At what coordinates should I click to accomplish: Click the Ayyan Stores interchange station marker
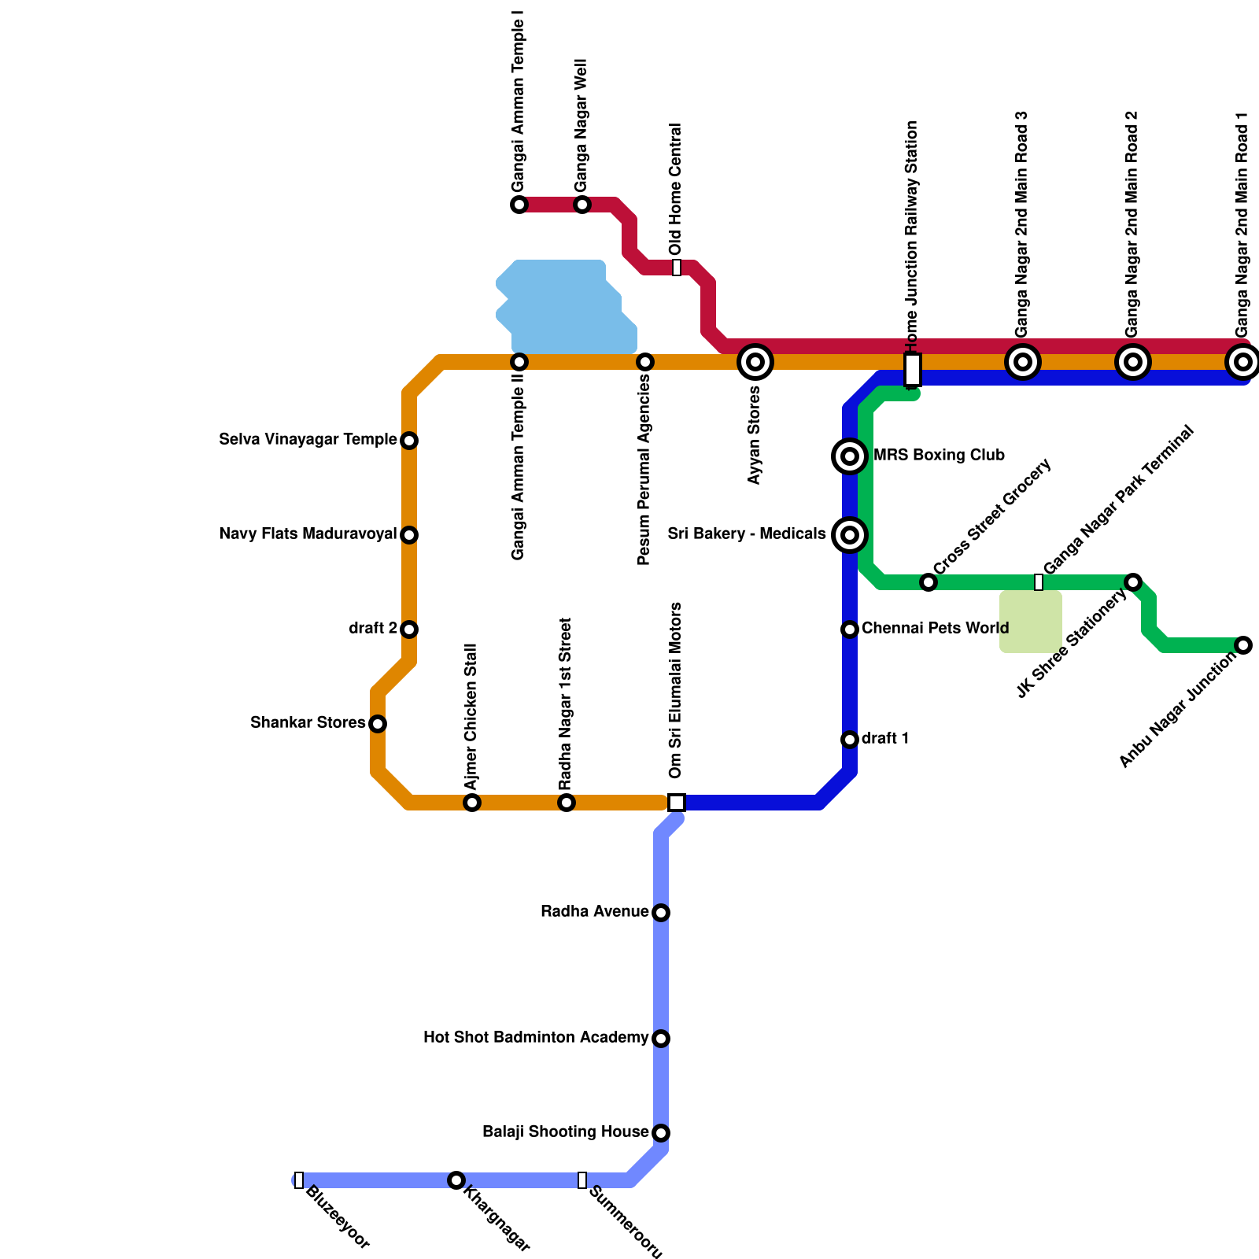click(755, 362)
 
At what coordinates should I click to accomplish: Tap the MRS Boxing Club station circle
click(850, 456)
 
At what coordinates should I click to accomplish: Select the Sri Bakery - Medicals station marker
click(850, 535)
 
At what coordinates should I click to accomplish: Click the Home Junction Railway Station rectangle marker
click(913, 369)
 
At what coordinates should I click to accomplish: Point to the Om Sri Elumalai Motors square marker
click(677, 803)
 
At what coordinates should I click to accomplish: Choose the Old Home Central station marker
click(677, 268)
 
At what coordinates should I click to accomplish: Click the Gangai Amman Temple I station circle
click(519, 205)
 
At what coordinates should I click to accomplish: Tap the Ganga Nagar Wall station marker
click(582, 205)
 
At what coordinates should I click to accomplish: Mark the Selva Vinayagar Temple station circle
click(409, 441)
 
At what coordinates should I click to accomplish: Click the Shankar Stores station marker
click(378, 724)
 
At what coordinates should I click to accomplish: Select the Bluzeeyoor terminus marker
click(299, 1180)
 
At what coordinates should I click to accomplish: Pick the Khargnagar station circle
click(456, 1180)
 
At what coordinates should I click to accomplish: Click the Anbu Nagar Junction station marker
click(1243, 645)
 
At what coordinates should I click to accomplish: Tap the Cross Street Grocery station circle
click(929, 582)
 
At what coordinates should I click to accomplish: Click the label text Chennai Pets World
click(935, 629)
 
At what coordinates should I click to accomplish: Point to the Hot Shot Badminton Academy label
click(536, 1038)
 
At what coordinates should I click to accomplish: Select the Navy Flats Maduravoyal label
click(308, 534)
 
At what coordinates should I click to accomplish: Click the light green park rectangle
click(1031, 622)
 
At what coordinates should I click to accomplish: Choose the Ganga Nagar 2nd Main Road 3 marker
click(1023, 362)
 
